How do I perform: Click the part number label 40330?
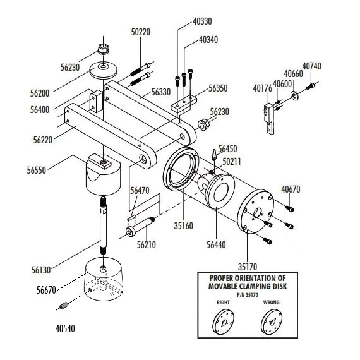[202, 21]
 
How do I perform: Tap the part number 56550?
[37, 171]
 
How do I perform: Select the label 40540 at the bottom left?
[65, 328]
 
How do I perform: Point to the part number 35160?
[183, 226]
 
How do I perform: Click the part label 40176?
[263, 88]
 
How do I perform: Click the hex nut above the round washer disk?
[103, 49]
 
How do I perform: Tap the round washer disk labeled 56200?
[104, 70]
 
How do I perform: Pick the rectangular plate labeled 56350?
[184, 104]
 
